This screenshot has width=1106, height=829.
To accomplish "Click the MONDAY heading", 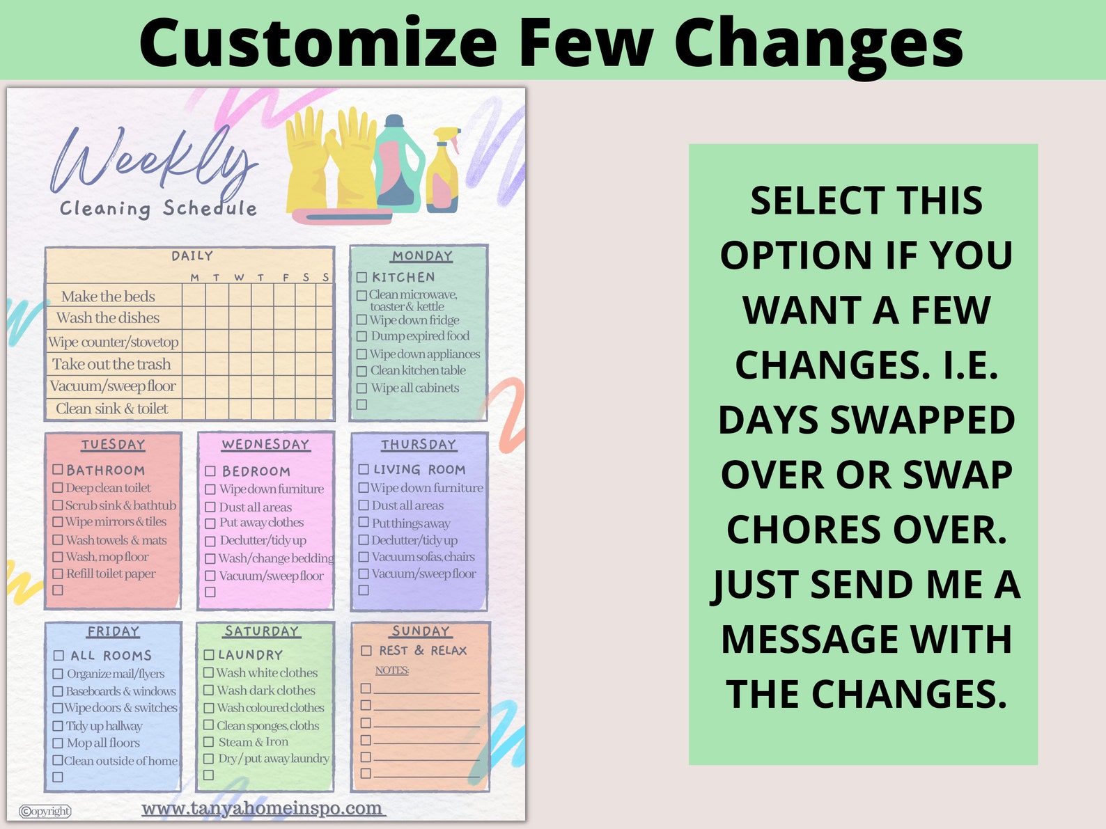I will pyautogui.click(x=421, y=256).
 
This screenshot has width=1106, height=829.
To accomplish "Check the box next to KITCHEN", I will pyautogui.click(x=361, y=277).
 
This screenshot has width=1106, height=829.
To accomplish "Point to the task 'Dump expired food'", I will pyautogui.click(x=419, y=336).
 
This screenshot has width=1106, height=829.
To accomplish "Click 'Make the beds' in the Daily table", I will pyautogui.click(x=108, y=297).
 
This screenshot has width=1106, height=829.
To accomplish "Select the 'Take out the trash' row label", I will pyautogui.click(x=111, y=364).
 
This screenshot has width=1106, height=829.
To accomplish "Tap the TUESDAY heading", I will pyautogui.click(x=113, y=444).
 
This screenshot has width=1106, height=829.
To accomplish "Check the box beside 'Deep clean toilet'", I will pyautogui.click(x=59, y=488).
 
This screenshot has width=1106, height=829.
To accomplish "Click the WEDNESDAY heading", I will pyautogui.click(x=265, y=444).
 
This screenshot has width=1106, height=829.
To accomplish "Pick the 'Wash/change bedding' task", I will pyautogui.click(x=276, y=558).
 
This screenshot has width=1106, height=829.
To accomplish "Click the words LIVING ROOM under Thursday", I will pyautogui.click(x=419, y=470).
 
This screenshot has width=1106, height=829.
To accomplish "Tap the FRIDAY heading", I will pyautogui.click(x=113, y=631).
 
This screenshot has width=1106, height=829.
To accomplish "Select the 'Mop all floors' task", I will pyautogui.click(x=103, y=743).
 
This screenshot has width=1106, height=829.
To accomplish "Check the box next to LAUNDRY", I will pyautogui.click(x=209, y=655).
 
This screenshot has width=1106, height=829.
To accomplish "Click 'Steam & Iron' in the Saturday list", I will pyautogui.click(x=253, y=742).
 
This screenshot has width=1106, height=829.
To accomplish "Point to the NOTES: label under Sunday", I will pyautogui.click(x=392, y=670).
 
